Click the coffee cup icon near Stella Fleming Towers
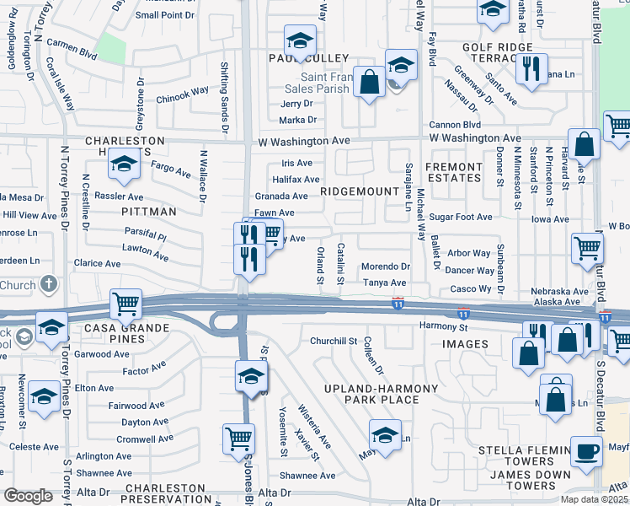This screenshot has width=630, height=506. tap(586, 449)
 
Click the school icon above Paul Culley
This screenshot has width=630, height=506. tap(299, 40)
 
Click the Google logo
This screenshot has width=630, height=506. tap(28, 496)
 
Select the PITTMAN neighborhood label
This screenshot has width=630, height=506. tap(148, 211)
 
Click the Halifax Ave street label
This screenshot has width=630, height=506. tap(296, 180)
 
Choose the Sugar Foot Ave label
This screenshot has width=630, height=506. tap(460, 217)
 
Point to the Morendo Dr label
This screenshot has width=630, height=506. tap(385, 266)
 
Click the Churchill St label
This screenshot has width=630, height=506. tap(334, 341)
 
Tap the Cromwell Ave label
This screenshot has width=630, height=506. tap(144, 439)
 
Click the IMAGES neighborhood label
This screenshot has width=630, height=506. tap(465, 344)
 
